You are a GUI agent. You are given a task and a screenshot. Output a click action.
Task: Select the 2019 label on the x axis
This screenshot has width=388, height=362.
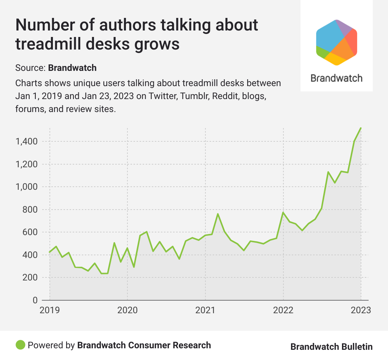point(49,310)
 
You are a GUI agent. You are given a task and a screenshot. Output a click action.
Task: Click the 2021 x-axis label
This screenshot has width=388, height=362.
point(205,310)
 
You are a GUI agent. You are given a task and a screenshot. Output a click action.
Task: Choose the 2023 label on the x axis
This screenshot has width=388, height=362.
point(361,310)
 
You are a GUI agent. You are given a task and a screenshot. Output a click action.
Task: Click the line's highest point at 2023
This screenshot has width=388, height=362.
point(361,128)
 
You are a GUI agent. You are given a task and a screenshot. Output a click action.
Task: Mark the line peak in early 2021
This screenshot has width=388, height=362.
point(218,214)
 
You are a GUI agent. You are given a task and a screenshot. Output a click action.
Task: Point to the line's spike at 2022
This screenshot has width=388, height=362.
point(283,212)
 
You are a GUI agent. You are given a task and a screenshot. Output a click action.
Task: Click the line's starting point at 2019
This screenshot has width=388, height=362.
point(50,252)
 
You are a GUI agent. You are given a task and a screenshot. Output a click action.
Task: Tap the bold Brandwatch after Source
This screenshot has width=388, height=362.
point(72,68)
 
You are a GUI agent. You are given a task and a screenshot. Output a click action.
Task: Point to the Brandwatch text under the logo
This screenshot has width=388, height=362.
point(336,78)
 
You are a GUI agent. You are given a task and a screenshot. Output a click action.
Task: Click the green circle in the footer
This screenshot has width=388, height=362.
point(21,345)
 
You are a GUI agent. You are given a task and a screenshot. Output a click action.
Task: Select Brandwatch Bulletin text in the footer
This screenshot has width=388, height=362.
point(331,347)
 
